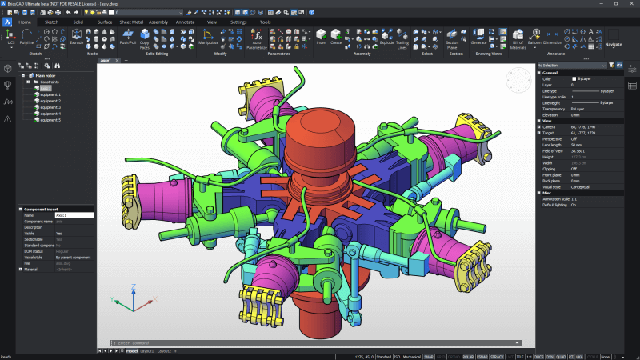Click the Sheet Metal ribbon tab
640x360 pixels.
(x=130, y=22)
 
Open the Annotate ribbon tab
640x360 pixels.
(x=185, y=22)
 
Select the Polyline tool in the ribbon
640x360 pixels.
(x=26, y=37)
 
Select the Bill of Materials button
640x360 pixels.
(x=517, y=37)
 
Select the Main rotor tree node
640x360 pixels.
(x=43, y=76)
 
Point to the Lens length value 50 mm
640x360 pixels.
(x=576, y=143)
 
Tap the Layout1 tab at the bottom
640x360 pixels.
(x=147, y=351)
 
